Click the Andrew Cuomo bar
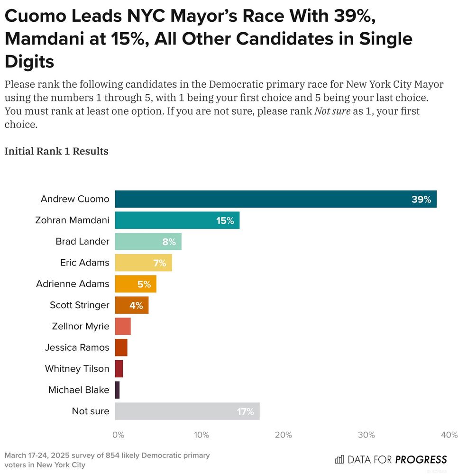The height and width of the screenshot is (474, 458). click(x=275, y=199)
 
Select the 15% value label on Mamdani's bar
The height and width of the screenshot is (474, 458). click(x=225, y=220)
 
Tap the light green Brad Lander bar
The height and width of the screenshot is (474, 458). click(x=148, y=242)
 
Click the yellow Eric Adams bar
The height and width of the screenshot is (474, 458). click(x=143, y=263)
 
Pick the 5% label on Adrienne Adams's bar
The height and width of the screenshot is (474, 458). click(x=144, y=284)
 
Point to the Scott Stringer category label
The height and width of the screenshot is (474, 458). click(x=79, y=305)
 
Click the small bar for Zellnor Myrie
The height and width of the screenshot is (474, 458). click(x=123, y=327)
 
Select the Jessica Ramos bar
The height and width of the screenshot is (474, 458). click(x=121, y=347)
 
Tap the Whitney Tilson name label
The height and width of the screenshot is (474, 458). click(x=77, y=369)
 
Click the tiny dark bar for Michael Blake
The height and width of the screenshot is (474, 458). click(x=118, y=390)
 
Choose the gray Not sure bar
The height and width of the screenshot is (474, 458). click(x=187, y=411)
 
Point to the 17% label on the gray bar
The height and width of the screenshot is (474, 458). click(x=246, y=411)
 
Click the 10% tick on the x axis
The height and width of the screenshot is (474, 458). click(x=202, y=435)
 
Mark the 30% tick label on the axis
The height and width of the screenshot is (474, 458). click(x=367, y=435)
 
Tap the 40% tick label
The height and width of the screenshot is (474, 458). click(x=449, y=435)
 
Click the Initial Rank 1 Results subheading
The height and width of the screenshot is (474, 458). click(x=56, y=152)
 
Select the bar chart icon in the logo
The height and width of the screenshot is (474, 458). click(x=339, y=459)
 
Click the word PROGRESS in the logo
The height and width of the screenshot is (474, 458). click(x=421, y=459)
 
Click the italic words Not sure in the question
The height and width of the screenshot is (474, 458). click(x=332, y=112)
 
